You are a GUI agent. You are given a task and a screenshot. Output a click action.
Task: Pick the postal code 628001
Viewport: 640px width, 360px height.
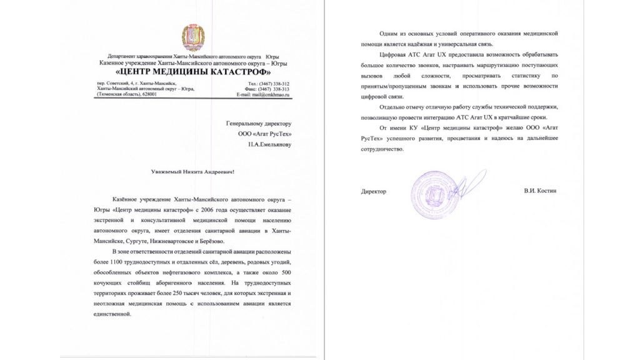pyautogui.click(x=149, y=94)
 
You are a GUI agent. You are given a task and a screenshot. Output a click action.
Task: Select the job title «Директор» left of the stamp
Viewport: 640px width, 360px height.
pyautogui.click(x=374, y=191)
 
